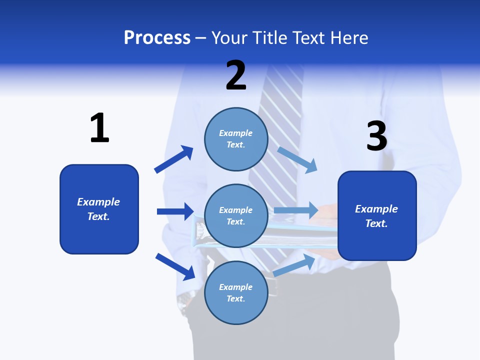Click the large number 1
pyautogui.click(x=99, y=128)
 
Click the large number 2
pyautogui.click(x=236, y=75)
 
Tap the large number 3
pyautogui.click(x=376, y=136)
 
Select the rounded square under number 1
pyautogui.click(x=99, y=209)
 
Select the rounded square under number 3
pyautogui.click(x=377, y=216)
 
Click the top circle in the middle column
pyautogui.click(x=236, y=139)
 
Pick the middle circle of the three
pyautogui.click(x=236, y=216)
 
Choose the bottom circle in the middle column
pyautogui.click(x=236, y=292)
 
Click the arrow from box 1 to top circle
pyautogui.click(x=173, y=159)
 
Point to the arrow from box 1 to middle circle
pyautogui.click(x=175, y=211)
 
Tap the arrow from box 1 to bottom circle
pyautogui.click(x=175, y=266)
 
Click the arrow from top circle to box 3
pyautogui.click(x=297, y=160)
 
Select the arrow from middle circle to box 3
pyautogui.click(x=296, y=210)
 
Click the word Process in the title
pyautogui.click(x=157, y=37)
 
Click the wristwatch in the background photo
pyautogui.click(x=185, y=300)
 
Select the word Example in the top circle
pyautogui.click(x=236, y=133)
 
